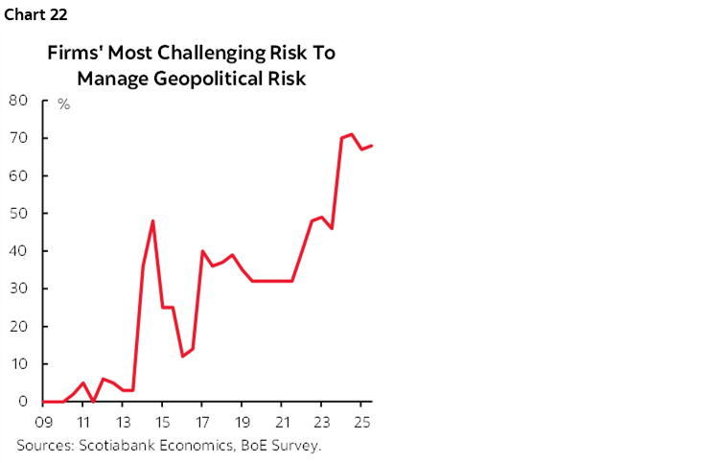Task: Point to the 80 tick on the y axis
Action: pyautogui.click(x=17, y=100)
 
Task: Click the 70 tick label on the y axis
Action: pyautogui.click(x=17, y=138)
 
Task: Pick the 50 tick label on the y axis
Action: pyautogui.click(x=17, y=213)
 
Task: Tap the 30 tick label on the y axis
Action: pyautogui.click(x=17, y=289)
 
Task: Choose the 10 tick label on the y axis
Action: pyautogui.click(x=17, y=364)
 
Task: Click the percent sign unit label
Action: pyautogui.click(x=63, y=104)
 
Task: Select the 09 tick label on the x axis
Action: pyautogui.click(x=43, y=422)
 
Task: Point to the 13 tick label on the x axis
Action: pyautogui.click(x=123, y=422)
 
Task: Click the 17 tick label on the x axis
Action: pyautogui.click(x=202, y=422)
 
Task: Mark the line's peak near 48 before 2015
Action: pyautogui.click(x=152, y=220)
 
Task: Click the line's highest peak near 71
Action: pyautogui.click(x=352, y=134)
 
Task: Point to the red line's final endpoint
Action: pyautogui.click(x=372, y=146)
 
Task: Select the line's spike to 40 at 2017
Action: pyautogui.click(x=202, y=251)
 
